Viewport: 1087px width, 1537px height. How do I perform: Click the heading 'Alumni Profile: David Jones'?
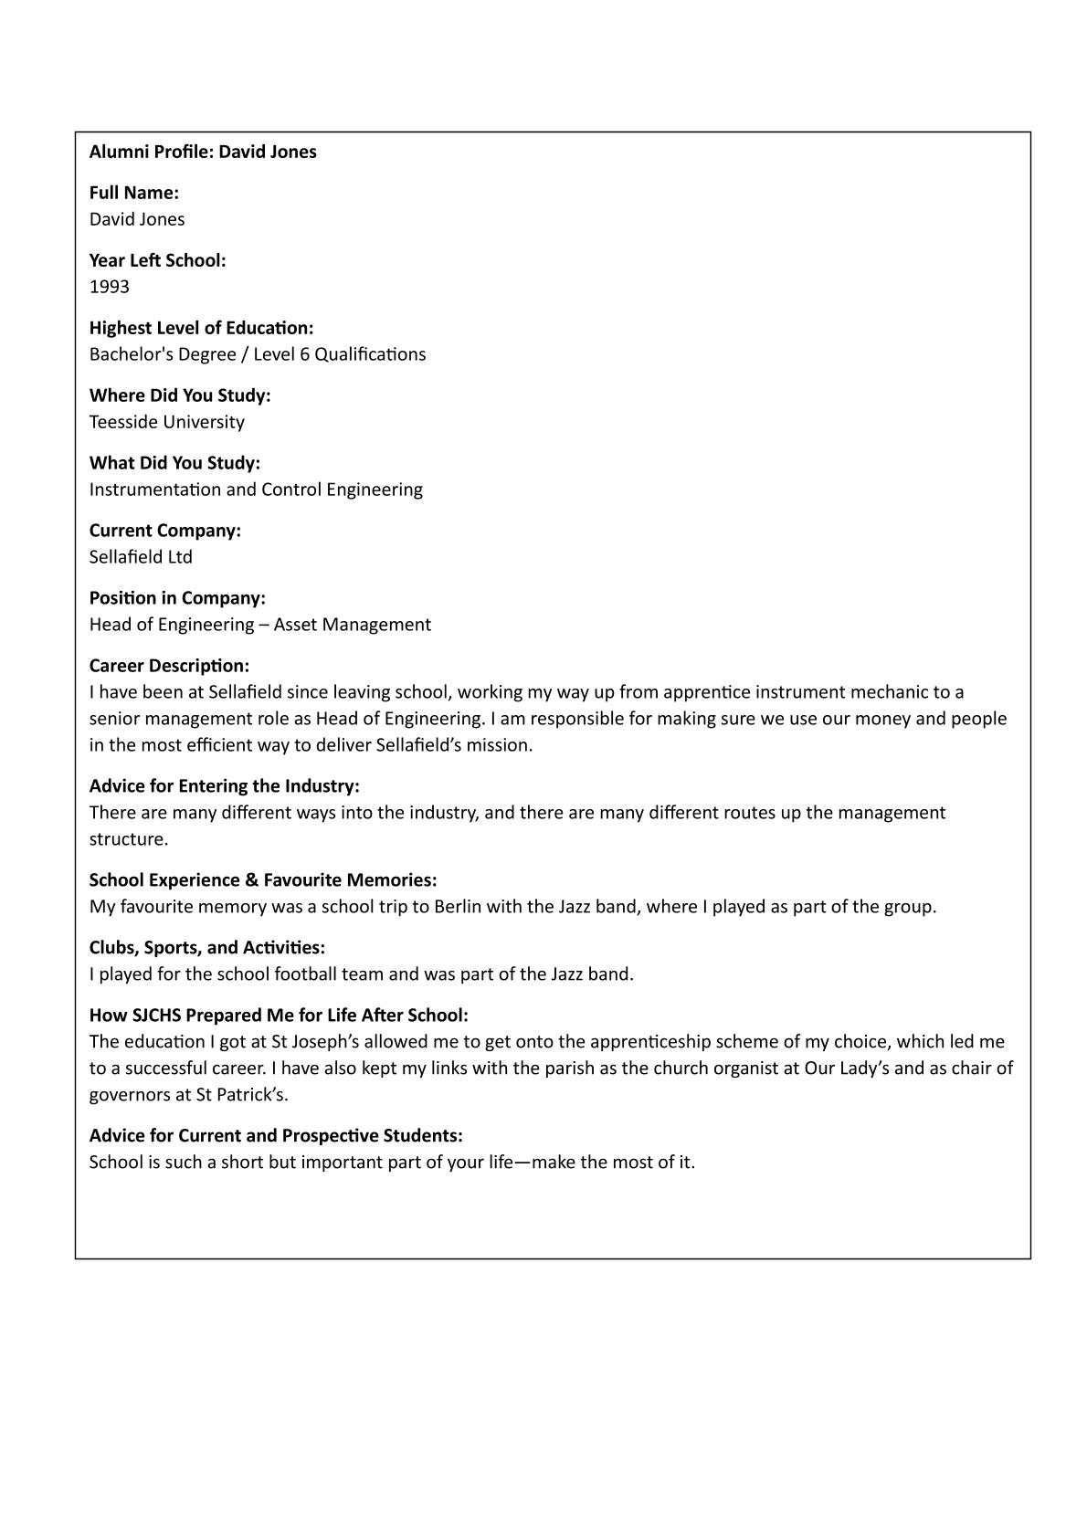point(203,152)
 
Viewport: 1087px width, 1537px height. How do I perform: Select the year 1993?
point(110,287)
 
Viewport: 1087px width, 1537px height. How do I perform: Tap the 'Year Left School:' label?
point(157,260)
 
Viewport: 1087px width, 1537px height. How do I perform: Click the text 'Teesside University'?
point(167,422)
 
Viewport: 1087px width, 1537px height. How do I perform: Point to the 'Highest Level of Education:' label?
point(201,328)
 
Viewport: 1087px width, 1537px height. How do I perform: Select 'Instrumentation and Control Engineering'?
point(256,490)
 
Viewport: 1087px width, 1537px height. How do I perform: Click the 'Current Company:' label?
point(165,531)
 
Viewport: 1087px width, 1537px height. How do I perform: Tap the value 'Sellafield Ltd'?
point(141,557)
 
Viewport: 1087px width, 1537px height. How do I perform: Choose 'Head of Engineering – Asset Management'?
point(260,625)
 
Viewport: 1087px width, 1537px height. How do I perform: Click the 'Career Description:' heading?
point(169,666)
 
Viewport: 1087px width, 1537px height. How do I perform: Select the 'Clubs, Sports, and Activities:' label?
point(207,947)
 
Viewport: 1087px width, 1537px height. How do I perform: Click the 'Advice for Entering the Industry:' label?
point(225,786)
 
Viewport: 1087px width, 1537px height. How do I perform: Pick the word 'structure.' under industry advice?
point(129,839)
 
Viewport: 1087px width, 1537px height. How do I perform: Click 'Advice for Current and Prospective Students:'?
point(276,1136)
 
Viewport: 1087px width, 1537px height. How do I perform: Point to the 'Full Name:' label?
point(134,193)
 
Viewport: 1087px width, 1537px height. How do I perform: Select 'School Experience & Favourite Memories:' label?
point(263,880)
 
